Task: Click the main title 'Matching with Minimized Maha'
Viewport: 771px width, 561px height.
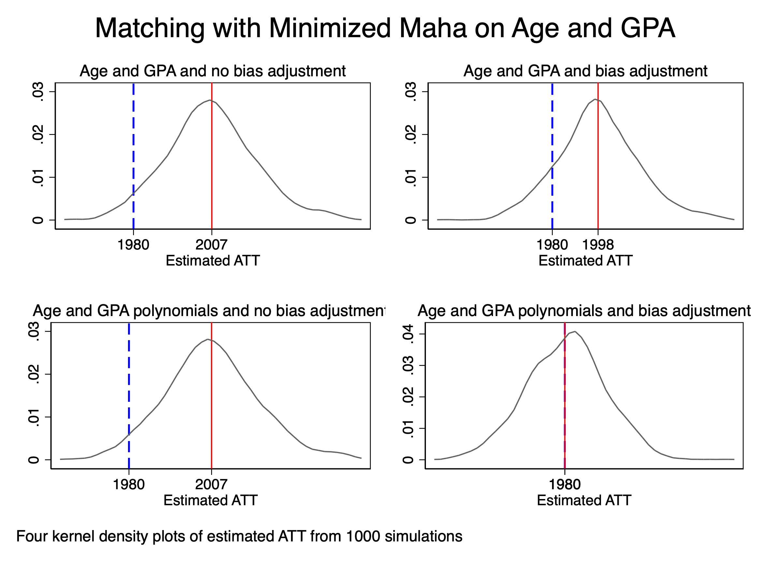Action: pyautogui.click(x=385, y=28)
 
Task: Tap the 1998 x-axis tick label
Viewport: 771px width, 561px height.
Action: pyautogui.click(x=598, y=245)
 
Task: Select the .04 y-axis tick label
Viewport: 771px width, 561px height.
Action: pyautogui.click(x=408, y=334)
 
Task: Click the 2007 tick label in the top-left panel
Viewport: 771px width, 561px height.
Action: pyautogui.click(x=211, y=245)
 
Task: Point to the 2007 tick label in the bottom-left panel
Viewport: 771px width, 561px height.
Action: pyautogui.click(x=211, y=484)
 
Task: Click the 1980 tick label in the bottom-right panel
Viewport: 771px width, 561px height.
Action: pyautogui.click(x=565, y=484)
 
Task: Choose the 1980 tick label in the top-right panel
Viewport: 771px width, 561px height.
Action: pyautogui.click(x=552, y=245)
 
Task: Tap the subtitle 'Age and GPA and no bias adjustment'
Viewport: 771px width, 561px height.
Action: pyautogui.click(x=212, y=71)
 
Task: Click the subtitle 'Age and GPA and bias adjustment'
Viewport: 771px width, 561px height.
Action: pyautogui.click(x=585, y=71)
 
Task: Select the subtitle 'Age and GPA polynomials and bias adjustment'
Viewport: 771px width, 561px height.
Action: pyautogui.click(x=584, y=311)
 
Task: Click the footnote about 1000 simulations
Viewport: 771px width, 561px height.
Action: pyautogui.click(x=239, y=536)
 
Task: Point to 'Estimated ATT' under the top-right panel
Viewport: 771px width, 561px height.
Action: pyautogui.click(x=585, y=261)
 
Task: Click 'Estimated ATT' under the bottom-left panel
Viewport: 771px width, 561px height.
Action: pyautogui.click(x=211, y=500)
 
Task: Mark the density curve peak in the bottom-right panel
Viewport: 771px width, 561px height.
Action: pyautogui.click(x=575, y=331)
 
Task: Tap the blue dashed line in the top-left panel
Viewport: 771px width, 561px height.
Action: pyautogui.click(x=133, y=143)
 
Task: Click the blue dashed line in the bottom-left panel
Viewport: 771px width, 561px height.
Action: pyautogui.click(x=129, y=374)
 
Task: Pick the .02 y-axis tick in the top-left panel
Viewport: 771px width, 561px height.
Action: pyautogui.click(x=38, y=134)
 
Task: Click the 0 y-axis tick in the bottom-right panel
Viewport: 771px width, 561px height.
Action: pyautogui.click(x=408, y=460)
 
